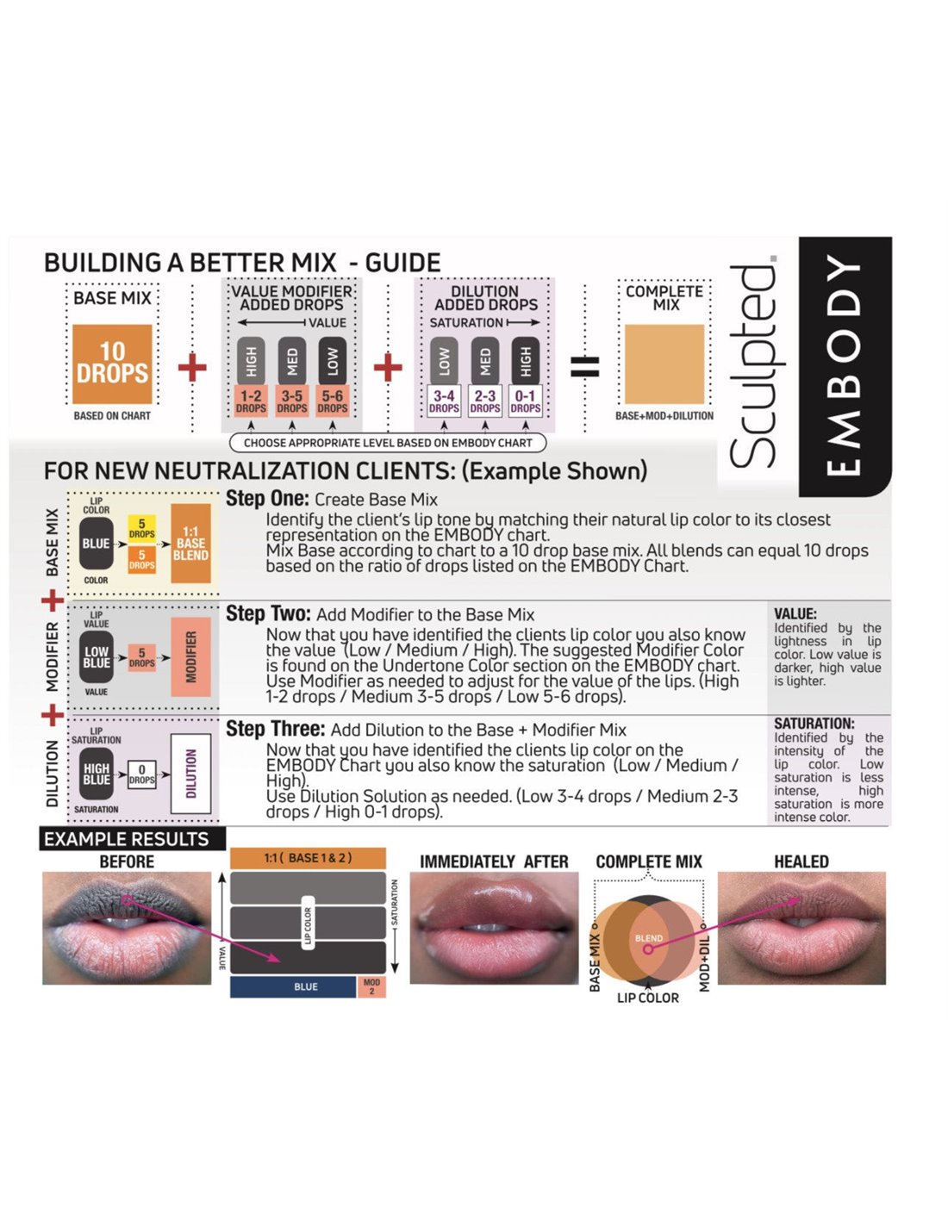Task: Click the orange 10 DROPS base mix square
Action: [112, 364]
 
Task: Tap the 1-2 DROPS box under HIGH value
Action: [251, 401]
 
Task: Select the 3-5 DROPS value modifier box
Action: [291, 401]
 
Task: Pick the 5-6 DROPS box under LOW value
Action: [332, 401]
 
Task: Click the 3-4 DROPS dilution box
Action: [444, 401]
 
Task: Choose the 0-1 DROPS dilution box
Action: [525, 401]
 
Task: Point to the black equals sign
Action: [585, 366]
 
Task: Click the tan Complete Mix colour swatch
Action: [664, 364]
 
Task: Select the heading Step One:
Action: [267, 498]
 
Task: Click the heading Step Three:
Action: [275, 729]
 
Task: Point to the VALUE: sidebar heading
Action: [795, 614]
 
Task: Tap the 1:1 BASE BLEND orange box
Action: [190, 544]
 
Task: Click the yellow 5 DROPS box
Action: [141, 529]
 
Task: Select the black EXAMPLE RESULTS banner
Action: [132, 838]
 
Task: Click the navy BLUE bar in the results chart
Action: [293, 986]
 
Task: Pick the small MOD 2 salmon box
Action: [371, 986]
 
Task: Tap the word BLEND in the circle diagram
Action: [649, 938]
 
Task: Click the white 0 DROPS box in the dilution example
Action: [141, 774]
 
